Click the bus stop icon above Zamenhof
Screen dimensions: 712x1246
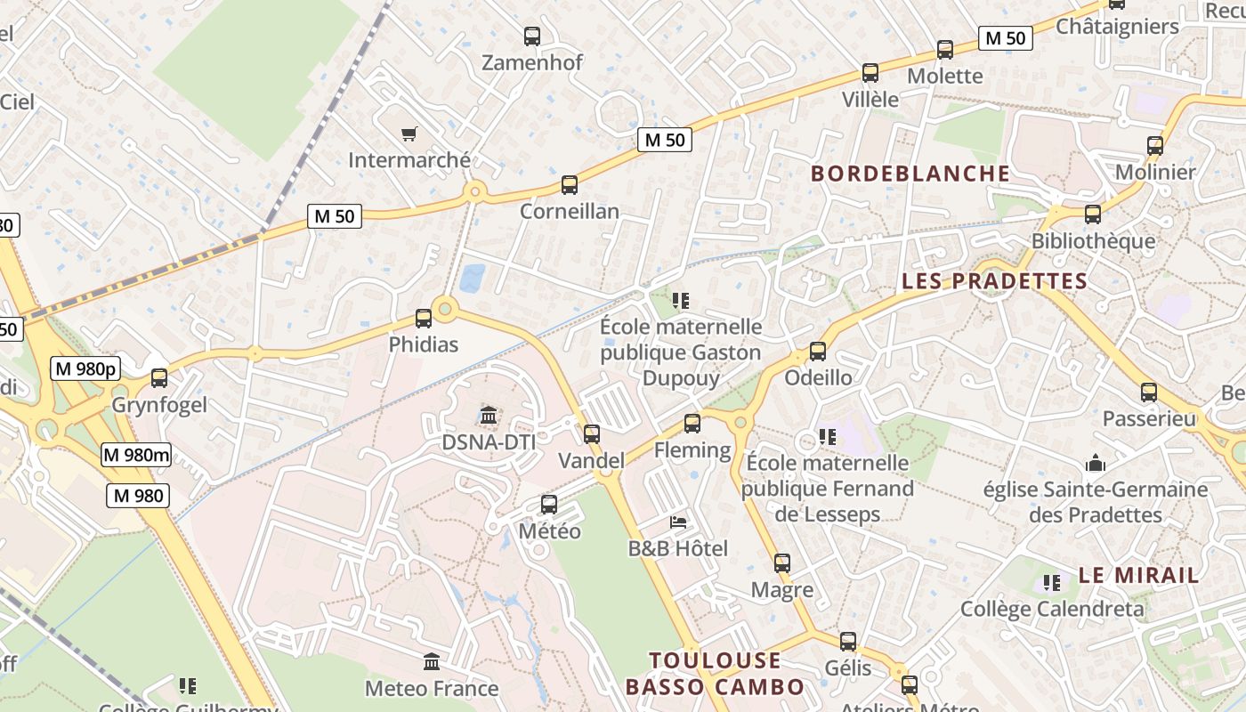532,36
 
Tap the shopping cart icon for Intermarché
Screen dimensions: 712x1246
409,134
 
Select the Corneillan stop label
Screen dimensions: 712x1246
569,212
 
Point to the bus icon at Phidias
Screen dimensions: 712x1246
424,318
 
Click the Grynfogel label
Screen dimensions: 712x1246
159,406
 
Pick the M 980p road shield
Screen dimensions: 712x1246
85,368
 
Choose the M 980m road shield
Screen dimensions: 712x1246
135,455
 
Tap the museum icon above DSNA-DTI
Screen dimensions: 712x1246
488,416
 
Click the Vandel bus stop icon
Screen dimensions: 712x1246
592,434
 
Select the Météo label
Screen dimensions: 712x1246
549,531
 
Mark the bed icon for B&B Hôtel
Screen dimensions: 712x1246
678,522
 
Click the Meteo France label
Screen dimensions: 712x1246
432,689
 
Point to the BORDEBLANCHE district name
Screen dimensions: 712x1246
910,174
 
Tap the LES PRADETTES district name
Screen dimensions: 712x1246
994,281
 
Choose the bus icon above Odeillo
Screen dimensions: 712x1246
818,352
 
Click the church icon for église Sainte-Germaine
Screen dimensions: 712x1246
1096,463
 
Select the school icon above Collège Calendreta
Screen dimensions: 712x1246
1052,583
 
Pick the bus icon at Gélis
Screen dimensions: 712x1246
848,642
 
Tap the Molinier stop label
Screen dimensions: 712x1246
1155,172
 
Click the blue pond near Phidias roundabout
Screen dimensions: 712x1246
472,278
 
